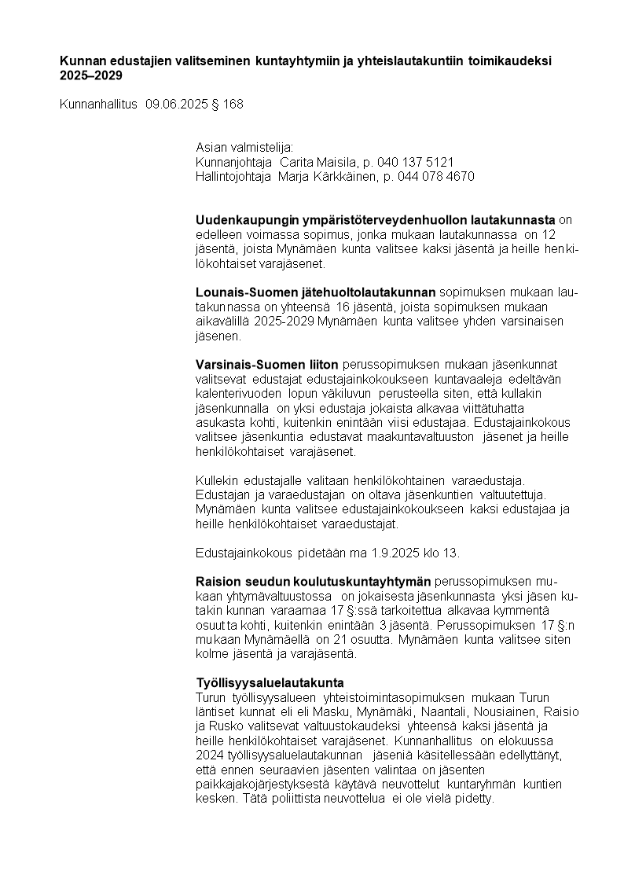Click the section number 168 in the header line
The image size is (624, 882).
233,104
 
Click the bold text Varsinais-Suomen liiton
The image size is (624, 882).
266,364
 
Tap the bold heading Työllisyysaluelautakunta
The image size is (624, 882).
270,682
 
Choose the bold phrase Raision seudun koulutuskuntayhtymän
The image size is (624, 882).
313,581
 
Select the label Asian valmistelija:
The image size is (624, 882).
244,148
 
